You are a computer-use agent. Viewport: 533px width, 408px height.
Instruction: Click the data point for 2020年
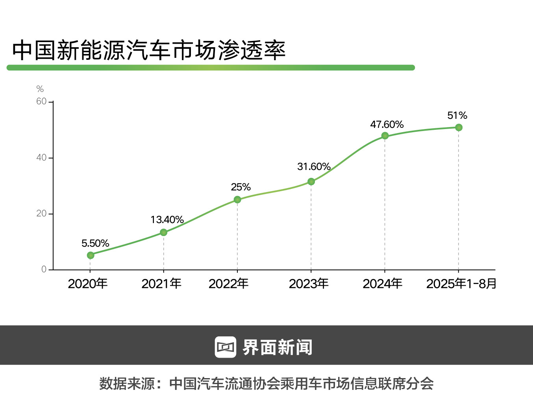pyautogui.click(x=91, y=255)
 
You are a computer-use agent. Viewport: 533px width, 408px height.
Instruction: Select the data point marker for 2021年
pyautogui.click(x=163, y=233)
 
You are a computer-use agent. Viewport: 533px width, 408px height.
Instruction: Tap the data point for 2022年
pyautogui.click(x=237, y=199)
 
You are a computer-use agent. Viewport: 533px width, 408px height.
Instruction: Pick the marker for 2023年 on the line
pyautogui.click(x=311, y=181)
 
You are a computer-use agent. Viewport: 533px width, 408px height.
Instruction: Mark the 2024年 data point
pyautogui.click(x=385, y=136)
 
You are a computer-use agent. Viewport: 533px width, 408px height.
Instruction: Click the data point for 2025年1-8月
pyautogui.click(x=459, y=127)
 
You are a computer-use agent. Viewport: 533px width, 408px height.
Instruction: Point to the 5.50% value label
pyautogui.click(x=95, y=244)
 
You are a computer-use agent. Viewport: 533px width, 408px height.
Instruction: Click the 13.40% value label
pyautogui.click(x=167, y=220)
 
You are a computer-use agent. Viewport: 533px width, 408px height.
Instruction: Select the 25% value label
pyautogui.click(x=241, y=187)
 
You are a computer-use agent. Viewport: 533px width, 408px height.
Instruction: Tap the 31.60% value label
pyautogui.click(x=314, y=167)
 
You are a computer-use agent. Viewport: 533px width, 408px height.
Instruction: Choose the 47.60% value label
pyautogui.click(x=387, y=125)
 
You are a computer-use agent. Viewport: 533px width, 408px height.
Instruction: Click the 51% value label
pyautogui.click(x=457, y=116)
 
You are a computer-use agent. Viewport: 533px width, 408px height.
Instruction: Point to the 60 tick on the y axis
pyautogui.click(x=41, y=102)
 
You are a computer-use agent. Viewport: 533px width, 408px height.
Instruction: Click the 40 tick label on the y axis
pyautogui.click(x=41, y=158)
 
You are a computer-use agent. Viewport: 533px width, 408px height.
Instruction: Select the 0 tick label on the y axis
pyautogui.click(x=44, y=270)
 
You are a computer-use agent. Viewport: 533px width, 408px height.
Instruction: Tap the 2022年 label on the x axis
pyautogui.click(x=228, y=284)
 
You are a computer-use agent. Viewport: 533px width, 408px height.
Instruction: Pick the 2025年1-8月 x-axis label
pyautogui.click(x=461, y=284)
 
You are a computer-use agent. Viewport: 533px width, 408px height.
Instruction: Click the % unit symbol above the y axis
pyautogui.click(x=40, y=89)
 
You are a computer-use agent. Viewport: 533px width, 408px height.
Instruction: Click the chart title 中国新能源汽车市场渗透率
pyautogui.click(x=149, y=50)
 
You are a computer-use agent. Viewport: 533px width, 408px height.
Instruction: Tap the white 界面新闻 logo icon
pyautogui.click(x=225, y=347)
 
